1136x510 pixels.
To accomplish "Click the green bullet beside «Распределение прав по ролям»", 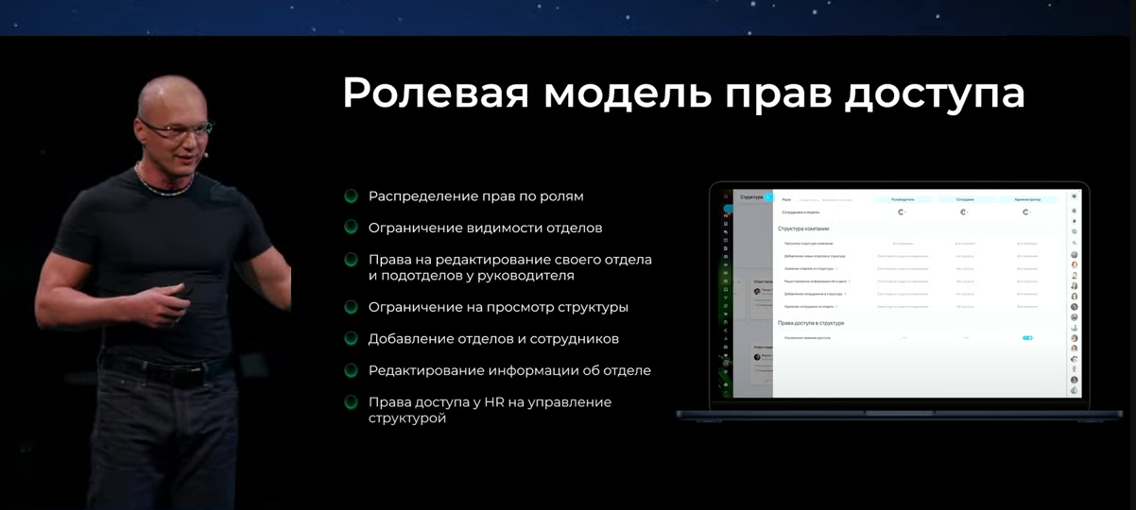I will [351, 196].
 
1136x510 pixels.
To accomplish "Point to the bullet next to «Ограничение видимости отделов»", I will [351, 228].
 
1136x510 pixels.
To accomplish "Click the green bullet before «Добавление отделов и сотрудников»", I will [351, 338].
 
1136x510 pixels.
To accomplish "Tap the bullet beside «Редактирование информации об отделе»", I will [351, 370].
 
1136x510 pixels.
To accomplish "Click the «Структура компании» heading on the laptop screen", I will [803, 229].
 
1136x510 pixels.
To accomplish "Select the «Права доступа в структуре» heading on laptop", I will [811, 323].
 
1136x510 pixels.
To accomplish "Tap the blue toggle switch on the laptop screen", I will [1027, 337].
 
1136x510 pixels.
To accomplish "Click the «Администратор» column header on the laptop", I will [1026, 199].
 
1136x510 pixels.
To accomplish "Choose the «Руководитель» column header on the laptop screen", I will [903, 199].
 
